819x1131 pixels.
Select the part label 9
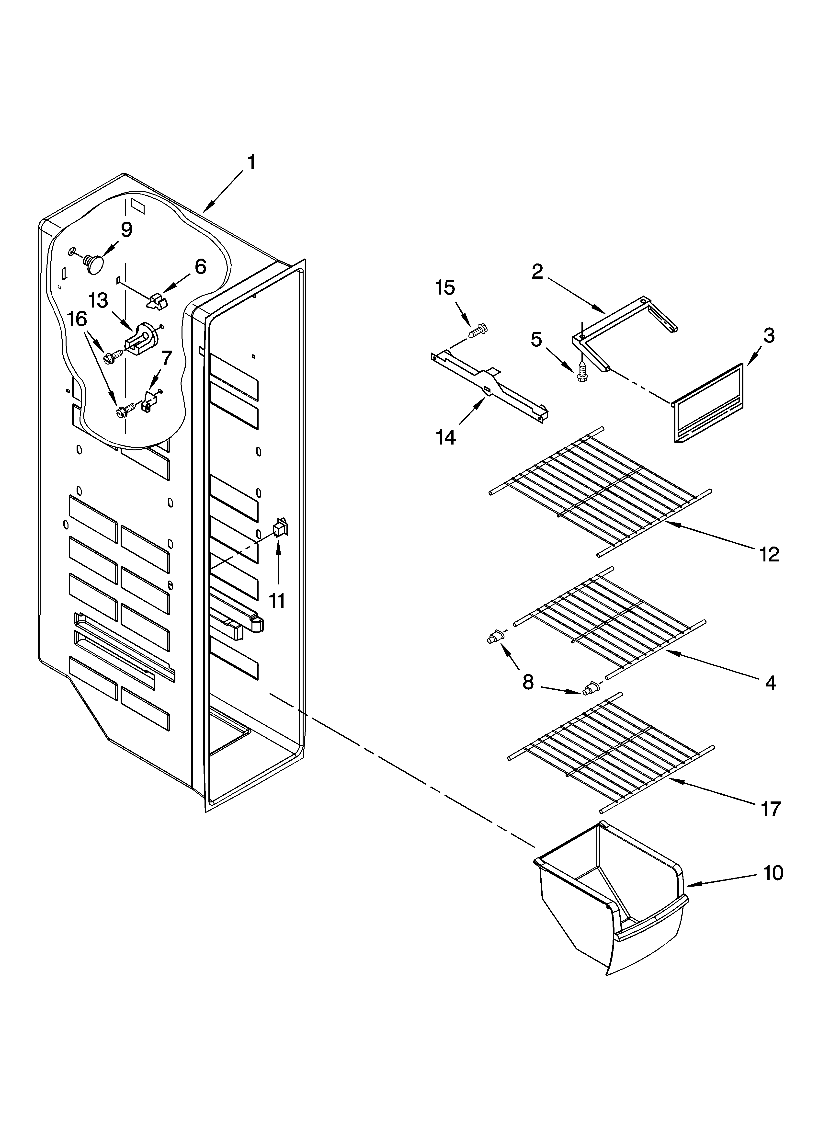(x=127, y=230)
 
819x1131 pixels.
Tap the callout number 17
(x=771, y=809)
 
